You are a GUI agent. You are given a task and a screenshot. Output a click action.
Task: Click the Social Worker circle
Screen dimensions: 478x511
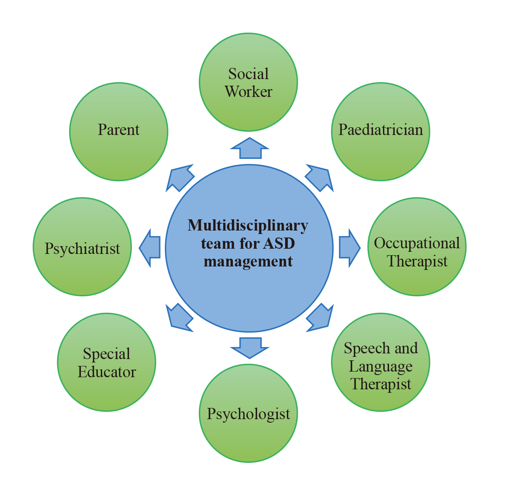click(248, 82)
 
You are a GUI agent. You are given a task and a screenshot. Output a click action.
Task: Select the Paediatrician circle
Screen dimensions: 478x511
click(380, 132)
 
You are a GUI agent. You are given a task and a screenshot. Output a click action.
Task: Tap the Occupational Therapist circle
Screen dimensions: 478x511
click(417, 247)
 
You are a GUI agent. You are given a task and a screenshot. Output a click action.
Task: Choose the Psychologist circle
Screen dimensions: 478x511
click(248, 413)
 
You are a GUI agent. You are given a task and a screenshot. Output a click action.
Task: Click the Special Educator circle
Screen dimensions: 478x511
click(106, 362)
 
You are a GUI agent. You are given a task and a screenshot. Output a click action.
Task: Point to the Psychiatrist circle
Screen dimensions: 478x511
click(82, 247)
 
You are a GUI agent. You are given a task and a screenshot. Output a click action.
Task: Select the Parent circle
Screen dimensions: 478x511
click(119, 132)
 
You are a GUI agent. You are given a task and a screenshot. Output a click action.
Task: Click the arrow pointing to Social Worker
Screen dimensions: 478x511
click(250, 149)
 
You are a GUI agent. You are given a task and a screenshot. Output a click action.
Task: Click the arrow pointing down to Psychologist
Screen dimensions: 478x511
click(250, 348)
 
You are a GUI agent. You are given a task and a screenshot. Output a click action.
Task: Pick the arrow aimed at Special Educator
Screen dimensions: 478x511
click(179, 318)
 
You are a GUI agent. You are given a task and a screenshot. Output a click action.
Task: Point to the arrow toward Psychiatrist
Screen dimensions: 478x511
click(150, 248)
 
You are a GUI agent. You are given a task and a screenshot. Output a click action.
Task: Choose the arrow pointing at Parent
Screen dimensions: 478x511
click(179, 178)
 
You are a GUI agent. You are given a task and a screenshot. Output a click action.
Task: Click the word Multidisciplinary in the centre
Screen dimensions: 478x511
click(248, 226)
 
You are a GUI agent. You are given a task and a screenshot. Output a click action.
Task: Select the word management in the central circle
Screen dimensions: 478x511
click(248, 261)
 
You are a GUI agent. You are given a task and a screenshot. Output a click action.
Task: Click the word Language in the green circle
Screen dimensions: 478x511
click(380, 366)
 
